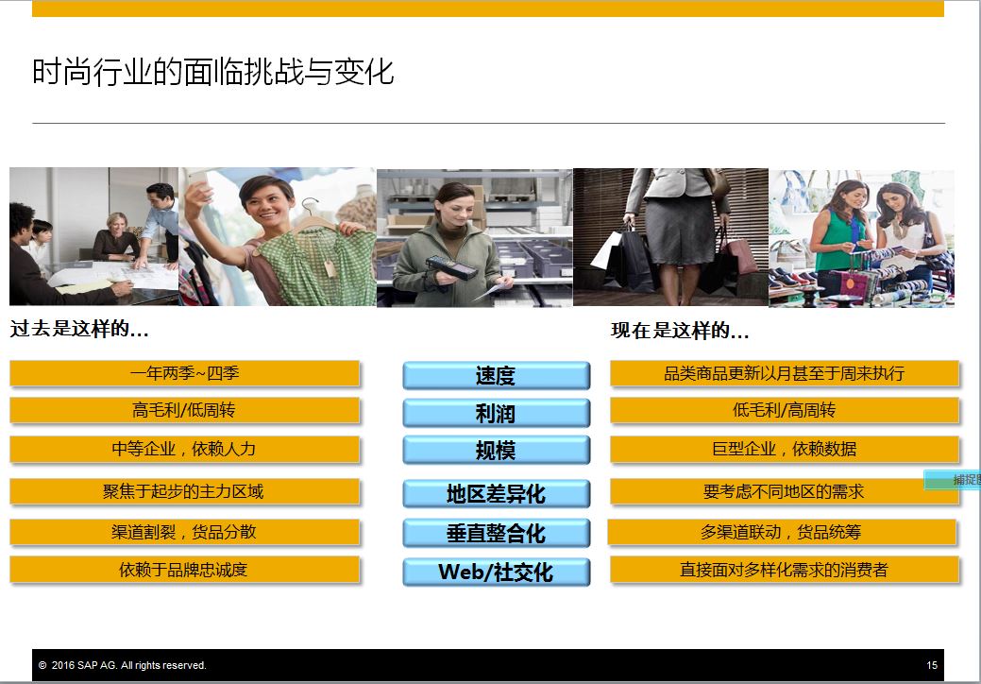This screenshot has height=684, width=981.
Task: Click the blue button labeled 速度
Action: coord(496,375)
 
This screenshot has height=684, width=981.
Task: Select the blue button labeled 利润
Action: coord(496,413)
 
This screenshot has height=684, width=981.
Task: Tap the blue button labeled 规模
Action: coord(496,450)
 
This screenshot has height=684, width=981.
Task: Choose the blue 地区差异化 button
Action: coord(496,494)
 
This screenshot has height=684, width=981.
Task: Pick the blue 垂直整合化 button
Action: coord(496,533)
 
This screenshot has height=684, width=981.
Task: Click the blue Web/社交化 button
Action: coord(496,572)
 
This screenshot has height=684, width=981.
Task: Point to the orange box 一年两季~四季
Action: coord(184,373)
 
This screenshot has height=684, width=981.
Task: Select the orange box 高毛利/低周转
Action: coord(184,411)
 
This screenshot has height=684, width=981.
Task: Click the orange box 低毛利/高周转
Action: coord(785,411)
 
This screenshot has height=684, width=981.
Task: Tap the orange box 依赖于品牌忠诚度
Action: coord(184,570)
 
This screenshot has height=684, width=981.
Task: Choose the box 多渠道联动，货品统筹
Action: coord(782,533)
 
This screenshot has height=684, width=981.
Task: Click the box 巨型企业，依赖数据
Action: coord(785,450)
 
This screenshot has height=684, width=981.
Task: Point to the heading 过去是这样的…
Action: coord(79,329)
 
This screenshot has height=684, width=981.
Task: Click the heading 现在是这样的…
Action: coord(680,331)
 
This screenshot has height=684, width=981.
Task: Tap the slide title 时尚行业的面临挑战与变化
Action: coord(212,72)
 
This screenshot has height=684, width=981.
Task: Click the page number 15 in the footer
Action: coord(932,665)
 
